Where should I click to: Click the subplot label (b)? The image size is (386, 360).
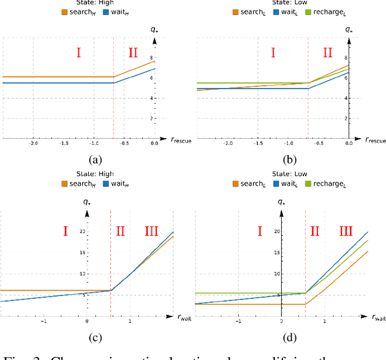click(287, 160)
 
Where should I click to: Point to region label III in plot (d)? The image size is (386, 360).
click(346, 230)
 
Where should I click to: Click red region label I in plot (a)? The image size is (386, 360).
click(78, 53)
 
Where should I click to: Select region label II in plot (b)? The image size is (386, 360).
click(327, 53)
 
